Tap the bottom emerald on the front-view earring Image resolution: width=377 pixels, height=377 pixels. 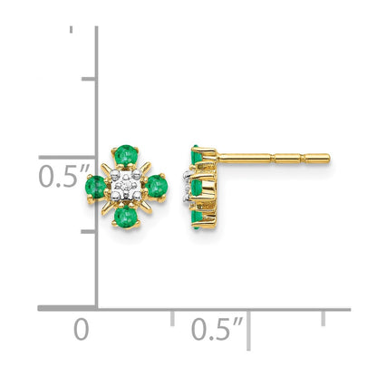click(127, 217)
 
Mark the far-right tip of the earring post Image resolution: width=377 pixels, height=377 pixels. click(328, 159)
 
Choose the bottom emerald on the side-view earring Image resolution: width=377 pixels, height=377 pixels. click(197, 215)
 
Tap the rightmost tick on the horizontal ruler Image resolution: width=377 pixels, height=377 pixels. click(324, 316)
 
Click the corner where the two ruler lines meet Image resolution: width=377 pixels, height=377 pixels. click(97, 309)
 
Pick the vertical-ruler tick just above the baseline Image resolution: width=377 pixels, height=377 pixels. click(89, 231)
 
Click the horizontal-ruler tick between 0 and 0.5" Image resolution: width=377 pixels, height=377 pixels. click(172, 316)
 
